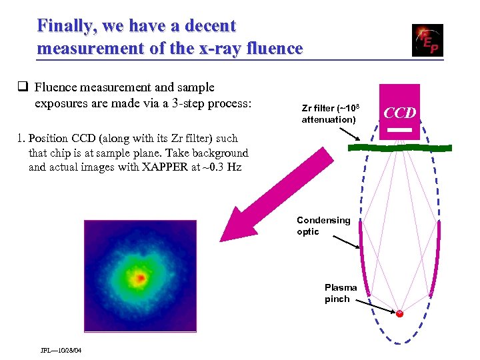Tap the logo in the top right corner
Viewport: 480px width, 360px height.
coord(427,41)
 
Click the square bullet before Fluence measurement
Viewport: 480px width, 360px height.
coord(23,87)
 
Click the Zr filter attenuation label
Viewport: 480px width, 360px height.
coord(329,113)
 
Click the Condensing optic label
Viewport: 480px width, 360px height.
coord(323,226)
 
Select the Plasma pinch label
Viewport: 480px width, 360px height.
coord(341,293)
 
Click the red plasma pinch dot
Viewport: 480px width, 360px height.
coord(399,313)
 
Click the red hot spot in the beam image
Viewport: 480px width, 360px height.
coord(140,277)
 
